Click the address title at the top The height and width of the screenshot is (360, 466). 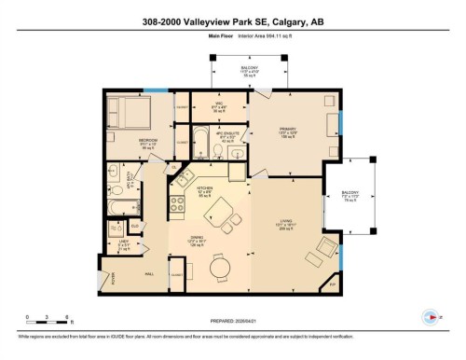pos(233,23)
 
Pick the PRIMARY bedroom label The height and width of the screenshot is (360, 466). pos(286,131)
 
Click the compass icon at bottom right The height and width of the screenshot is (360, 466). pos(430,316)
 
